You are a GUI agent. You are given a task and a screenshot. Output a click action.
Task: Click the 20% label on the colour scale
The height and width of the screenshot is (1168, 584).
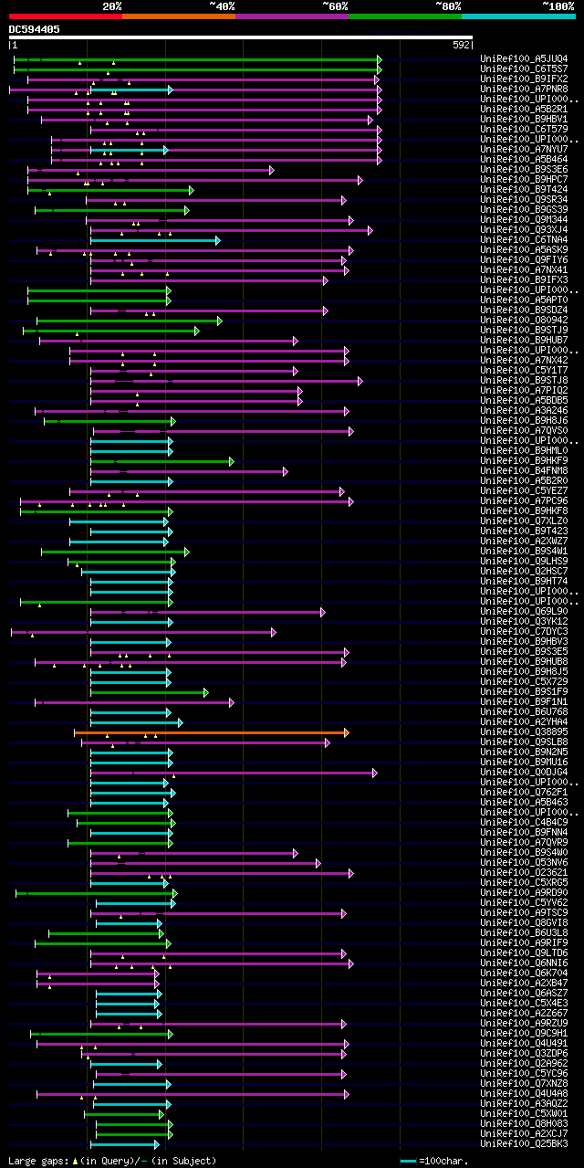point(111,5)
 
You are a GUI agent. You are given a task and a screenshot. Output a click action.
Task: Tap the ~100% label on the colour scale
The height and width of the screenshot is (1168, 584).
point(558,5)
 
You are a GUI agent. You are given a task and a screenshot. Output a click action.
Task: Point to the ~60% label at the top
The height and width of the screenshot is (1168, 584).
point(335,5)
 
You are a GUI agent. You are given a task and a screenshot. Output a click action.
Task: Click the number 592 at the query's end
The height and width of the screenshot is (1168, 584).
point(461,44)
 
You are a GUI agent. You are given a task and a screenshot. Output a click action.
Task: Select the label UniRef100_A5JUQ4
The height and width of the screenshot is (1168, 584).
point(523,58)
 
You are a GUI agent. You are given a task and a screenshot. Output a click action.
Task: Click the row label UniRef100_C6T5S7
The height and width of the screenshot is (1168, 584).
point(523,68)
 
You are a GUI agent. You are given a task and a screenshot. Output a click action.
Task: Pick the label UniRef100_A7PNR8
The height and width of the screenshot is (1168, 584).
point(523,89)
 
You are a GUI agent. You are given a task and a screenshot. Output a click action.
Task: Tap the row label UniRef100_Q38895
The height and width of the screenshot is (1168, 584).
point(523,731)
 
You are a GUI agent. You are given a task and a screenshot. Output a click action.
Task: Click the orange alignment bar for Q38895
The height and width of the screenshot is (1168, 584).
point(210,732)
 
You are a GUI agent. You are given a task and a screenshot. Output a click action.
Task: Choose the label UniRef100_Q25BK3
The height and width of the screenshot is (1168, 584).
point(523,1143)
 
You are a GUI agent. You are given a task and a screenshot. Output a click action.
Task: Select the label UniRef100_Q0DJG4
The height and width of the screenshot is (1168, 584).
point(523,772)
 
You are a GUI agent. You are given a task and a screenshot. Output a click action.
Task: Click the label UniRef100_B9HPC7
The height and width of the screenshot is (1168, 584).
point(523,179)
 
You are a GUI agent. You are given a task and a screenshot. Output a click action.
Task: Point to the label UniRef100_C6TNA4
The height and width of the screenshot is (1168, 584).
point(523,239)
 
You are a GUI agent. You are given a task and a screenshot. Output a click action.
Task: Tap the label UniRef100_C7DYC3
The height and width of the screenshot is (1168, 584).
point(523,631)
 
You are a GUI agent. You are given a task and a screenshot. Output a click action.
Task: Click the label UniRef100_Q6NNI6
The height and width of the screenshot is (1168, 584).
point(523,963)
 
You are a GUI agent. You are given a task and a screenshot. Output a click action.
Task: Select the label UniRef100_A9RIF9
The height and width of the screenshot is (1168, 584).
point(523,942)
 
